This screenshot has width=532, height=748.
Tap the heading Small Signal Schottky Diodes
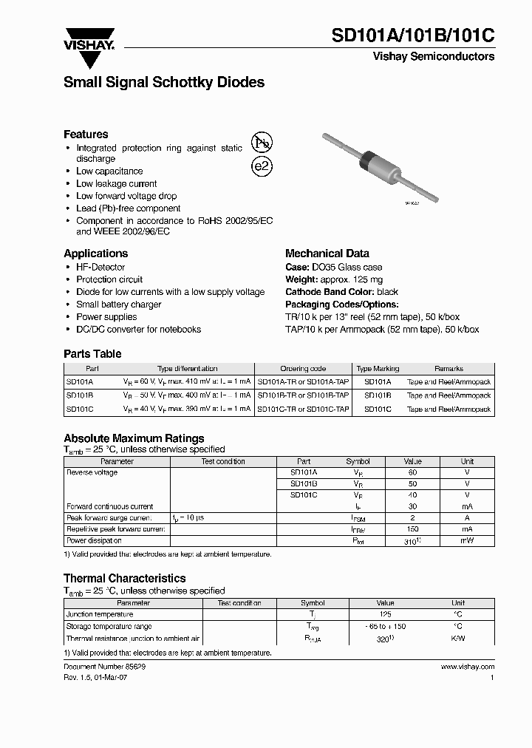click(164, 83)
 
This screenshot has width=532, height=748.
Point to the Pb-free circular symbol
click(262, 143)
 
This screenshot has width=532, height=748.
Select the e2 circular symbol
click(262, 166)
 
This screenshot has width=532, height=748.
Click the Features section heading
click(86, 135)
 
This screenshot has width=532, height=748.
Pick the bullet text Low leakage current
click(117, 183)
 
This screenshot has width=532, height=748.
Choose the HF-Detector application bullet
click(100, 267)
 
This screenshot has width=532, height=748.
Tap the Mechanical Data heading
click(327, 253)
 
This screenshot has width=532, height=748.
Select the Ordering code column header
click(303, 368)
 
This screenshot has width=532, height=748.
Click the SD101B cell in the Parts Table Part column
click(80, 395)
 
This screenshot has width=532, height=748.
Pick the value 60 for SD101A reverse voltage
click(412, 472)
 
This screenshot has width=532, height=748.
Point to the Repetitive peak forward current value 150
click(412, 529)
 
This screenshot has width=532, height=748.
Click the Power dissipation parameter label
click(94, 541)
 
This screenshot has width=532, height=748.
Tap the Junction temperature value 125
click(386, 614)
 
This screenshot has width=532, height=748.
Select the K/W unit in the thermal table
click(458, 638)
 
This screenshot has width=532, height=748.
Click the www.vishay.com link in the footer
click(467, 666)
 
